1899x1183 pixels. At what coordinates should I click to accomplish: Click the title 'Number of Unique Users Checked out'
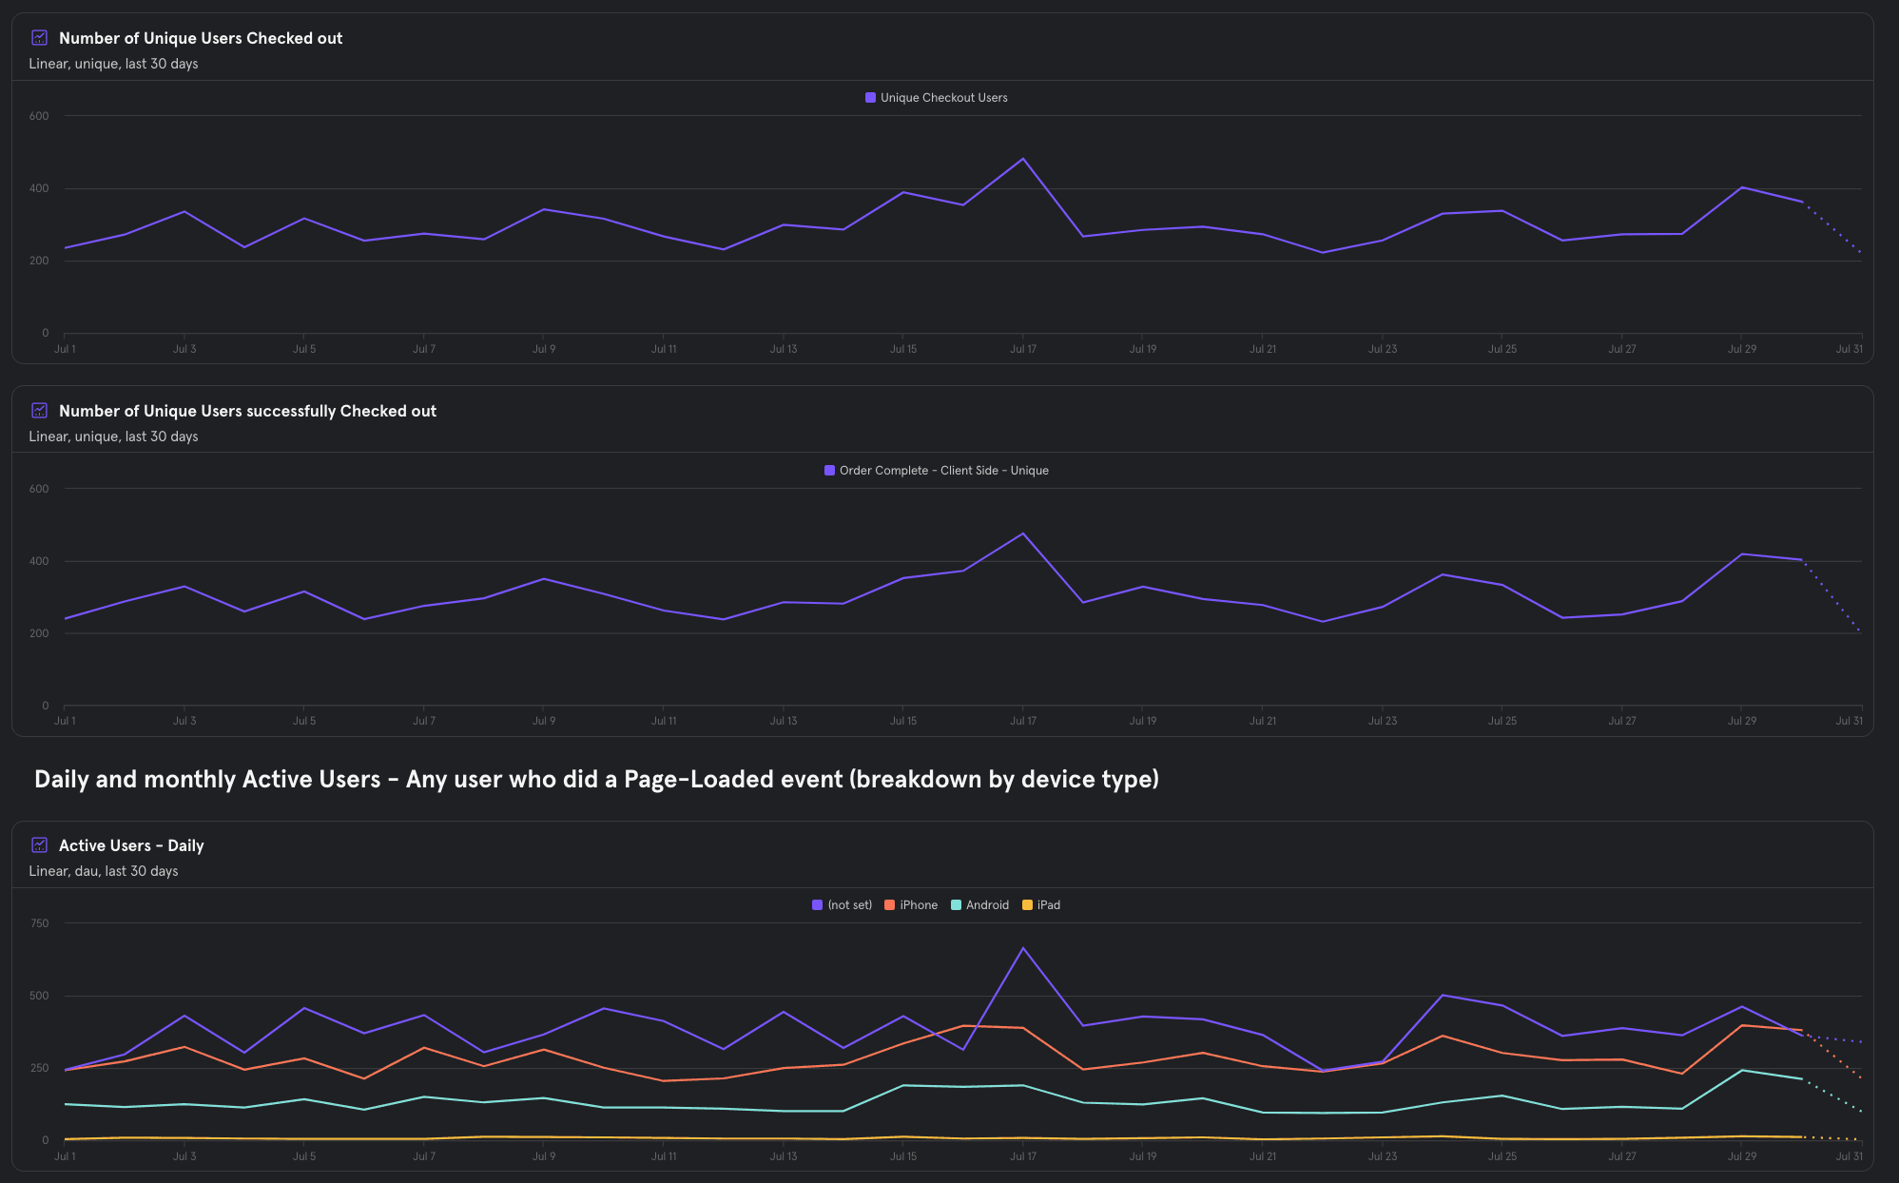click(x=201, y=38)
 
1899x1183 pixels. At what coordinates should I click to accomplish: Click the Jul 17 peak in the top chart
click(x=1023, y=159)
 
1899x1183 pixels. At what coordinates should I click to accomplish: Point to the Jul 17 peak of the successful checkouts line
click(x=1023, y=533)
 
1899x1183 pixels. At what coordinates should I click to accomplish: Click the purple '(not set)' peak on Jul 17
click(x=1023, y=948)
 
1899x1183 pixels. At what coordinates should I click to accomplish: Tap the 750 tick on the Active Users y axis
click(x=40, y=923)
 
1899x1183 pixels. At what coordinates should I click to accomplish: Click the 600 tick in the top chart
click(x=39, y=116)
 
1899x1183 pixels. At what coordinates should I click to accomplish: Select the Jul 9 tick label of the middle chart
click(x=544, y=721)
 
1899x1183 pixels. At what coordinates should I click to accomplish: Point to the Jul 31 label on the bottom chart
click(x=1849, y=1156)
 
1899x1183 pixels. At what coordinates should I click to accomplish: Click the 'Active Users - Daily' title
click(x=131, y=845)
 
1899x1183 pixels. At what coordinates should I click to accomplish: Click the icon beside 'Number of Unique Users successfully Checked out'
click(x=40, y=411)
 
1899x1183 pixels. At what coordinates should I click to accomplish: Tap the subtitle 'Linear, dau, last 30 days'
click(x=104, y=871)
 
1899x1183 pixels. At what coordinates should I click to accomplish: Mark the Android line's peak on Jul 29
click(x=1741, y=1071)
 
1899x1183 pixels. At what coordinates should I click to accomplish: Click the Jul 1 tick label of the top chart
click(x=65, y=349)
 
